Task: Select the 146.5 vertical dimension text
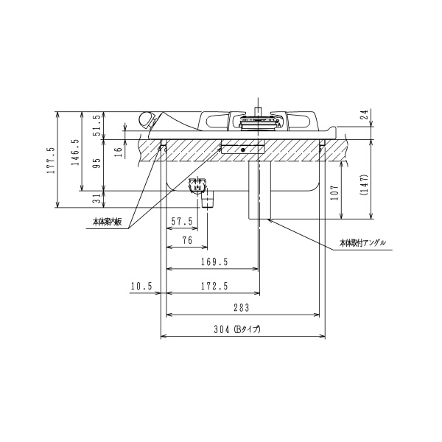[x=75, y=152]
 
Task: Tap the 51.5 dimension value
[x=97, y=125]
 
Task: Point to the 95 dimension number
[x=97, y=163]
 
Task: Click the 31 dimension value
[x=97, y=199]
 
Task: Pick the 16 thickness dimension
[x=119, y=152]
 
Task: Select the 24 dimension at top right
[x=365, y=114]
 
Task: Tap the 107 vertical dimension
[x=335, y=192]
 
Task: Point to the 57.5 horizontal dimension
[x=182, y=221]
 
